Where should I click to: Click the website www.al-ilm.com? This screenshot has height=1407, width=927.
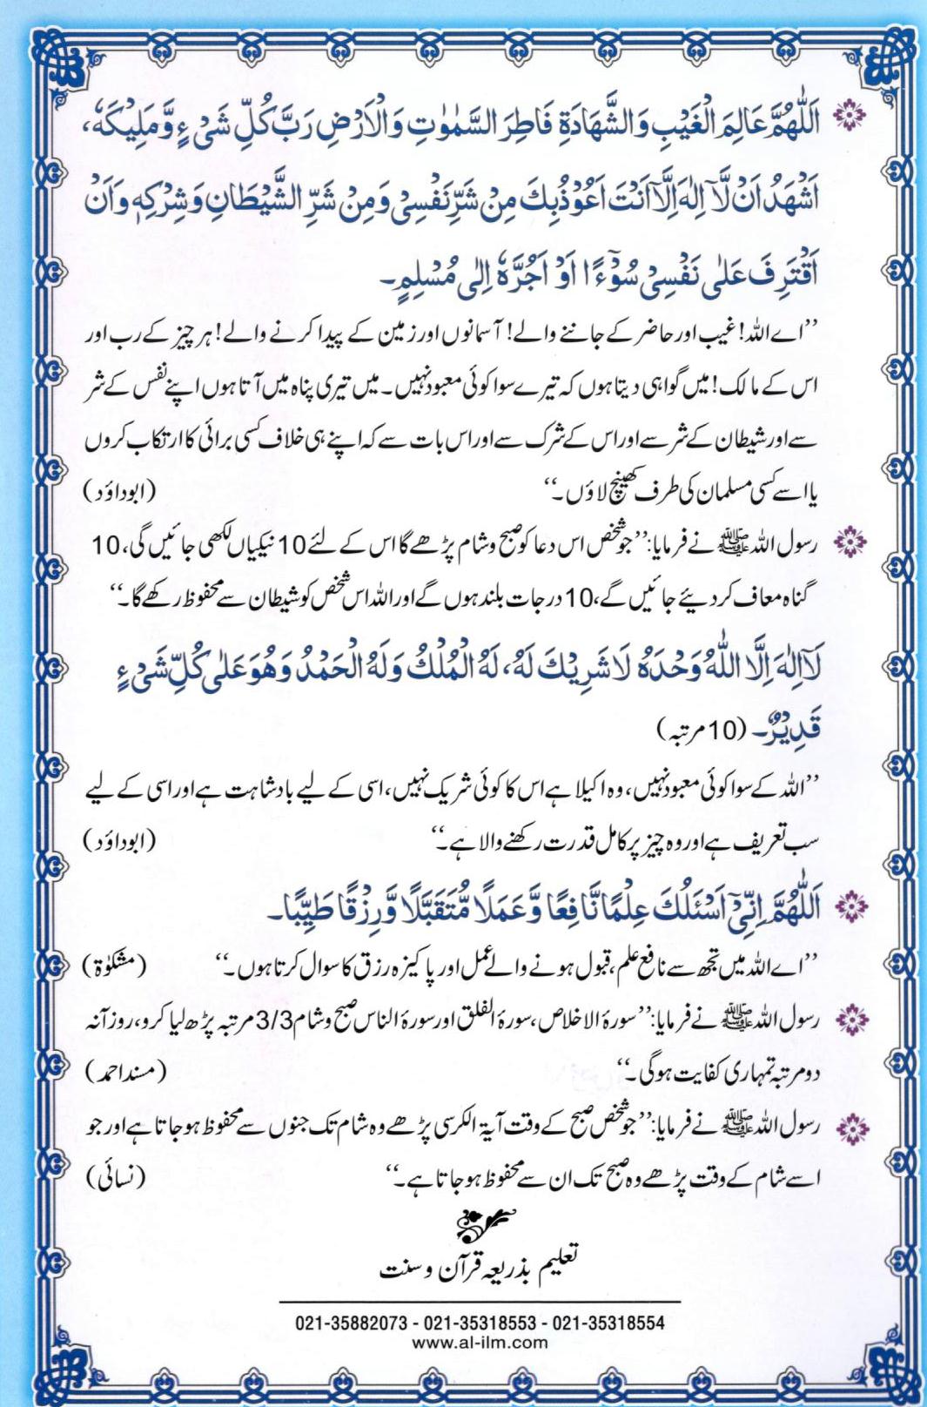[x=480, y=1342]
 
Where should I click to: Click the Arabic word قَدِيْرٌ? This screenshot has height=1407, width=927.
[x=800, y=722]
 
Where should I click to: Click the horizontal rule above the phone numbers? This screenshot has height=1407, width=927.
[x=481, y=1302]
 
